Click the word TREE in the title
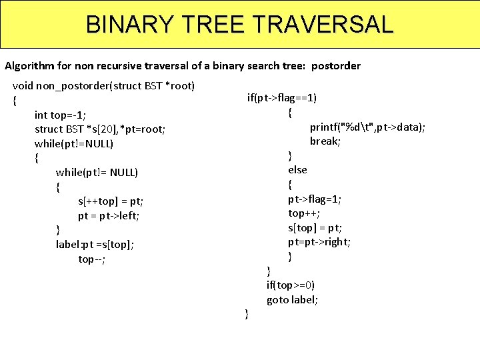214,25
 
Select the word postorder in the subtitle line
336,66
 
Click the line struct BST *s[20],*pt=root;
100,129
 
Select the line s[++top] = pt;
111,201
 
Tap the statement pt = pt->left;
109,216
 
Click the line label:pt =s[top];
95,245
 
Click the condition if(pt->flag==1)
282,99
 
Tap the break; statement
325,141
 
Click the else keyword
297,170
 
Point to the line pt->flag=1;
315,199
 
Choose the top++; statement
304,213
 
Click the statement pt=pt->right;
319,242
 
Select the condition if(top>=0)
291,285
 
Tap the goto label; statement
292,300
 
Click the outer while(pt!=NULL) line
74,144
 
